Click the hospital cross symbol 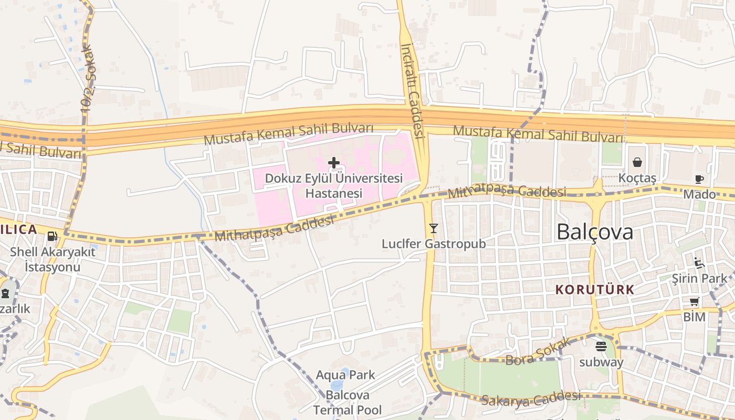[x=333, y=163]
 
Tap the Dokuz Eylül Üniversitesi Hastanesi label [x=333, y=185]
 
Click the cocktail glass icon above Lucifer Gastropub [x=433, y=228]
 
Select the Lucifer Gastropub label [x=433, y=244]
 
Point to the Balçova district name [x=595, y=232]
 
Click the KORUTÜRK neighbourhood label [x=595, y=289]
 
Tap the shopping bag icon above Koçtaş [x=637, y=162]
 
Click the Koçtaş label [x=637, y=178]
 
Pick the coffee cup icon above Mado [x=699, y=179]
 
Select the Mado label [x=699, y=195]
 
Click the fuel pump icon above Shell [x=52, y=236]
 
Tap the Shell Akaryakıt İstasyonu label [x=52, y=259]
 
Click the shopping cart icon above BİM [x=694, y=301]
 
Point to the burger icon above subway [x=601, y=346]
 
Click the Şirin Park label [x=699, y=279]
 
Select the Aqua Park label [x=345, y=375]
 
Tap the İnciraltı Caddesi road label [x=412, y=90]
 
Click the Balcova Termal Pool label [x=348, y=402]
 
